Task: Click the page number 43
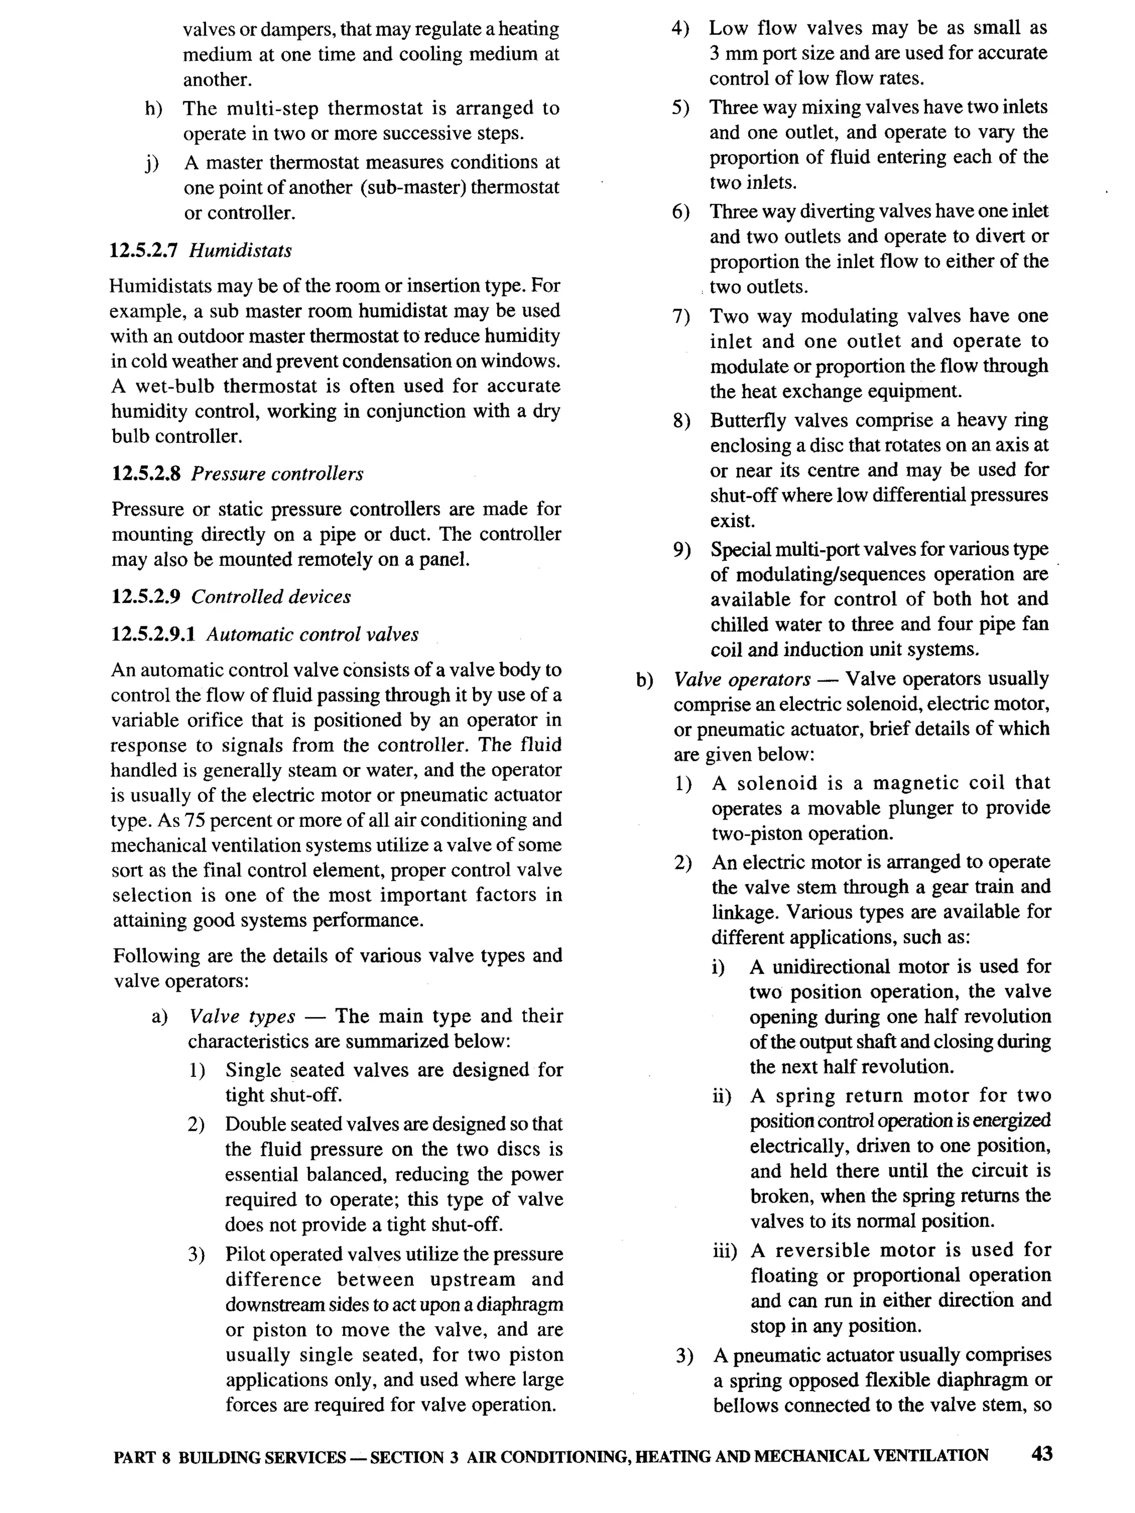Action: [1041, 1454]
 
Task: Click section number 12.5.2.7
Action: [144, 251]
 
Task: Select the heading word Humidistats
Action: [240, 251]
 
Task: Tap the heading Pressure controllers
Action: [277, 474]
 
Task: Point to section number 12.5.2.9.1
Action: [154, 635]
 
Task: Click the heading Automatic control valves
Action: [312, 635]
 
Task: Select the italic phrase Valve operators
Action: [742, 679]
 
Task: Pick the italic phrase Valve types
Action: [242, 1016]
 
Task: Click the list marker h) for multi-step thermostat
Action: [154, 109]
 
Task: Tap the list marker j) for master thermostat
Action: [151, 163]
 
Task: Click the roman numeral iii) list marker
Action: [724, 1250]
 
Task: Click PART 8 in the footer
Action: [141, 1457]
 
